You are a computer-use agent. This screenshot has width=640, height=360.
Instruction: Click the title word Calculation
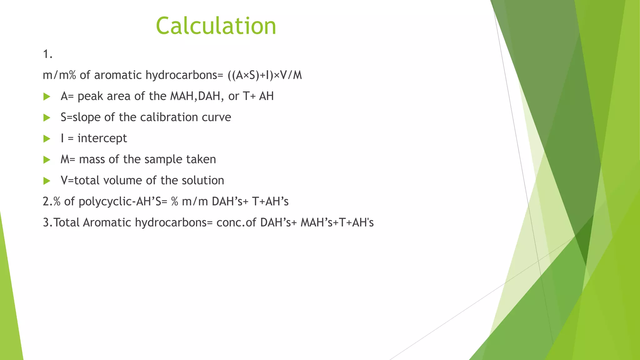pos(216,26)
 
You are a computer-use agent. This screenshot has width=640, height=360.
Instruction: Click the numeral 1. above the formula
pos(47,54)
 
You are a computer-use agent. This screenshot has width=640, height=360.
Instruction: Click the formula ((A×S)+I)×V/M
pos(265,75)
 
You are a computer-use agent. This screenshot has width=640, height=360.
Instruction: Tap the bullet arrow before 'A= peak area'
pos(47,97)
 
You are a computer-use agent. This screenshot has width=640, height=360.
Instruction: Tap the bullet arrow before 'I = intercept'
pos(47,139)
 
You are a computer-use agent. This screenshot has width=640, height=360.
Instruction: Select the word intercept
pos(102,138)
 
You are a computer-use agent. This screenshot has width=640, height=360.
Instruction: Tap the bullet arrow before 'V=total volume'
pos(47,181)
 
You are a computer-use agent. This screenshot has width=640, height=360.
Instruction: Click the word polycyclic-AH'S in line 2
pos(123,202)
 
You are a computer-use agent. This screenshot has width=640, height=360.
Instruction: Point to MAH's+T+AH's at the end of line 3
pos(337,222)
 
